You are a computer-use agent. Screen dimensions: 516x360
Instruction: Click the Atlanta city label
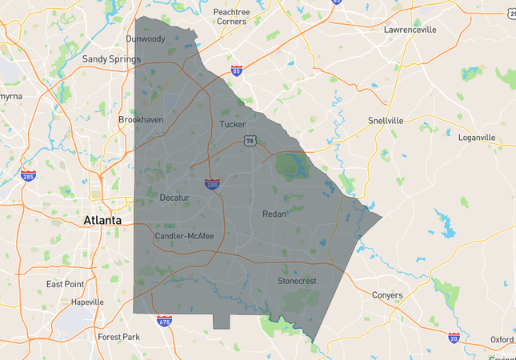(x=104, y=220)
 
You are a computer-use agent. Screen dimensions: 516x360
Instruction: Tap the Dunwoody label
(x=146, y=39)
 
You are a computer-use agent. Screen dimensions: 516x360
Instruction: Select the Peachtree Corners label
(x=231, y=17)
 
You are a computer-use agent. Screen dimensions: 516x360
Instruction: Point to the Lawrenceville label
(x=410, y=30)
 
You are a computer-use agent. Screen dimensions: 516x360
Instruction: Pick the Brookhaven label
(x=141, y=120)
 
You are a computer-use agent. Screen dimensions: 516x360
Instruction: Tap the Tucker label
(x=233, y=125)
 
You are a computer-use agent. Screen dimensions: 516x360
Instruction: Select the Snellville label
(x=386, y=121)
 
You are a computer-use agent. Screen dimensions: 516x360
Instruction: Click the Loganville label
(x=477, y=138)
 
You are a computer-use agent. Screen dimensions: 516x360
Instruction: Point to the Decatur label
(x=174, y=198)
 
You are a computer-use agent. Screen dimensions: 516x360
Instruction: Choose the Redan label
(x=274, y=214)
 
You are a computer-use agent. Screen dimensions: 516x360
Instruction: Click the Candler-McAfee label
(x=184, y=237)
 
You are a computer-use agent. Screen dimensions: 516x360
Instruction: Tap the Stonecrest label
(x=298, y=282)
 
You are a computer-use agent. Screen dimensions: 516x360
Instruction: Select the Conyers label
(x=387, y=295)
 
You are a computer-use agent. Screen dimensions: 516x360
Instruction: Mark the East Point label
(x=65, y=285)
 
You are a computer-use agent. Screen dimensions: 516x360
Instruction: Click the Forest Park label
(x=118, y=337)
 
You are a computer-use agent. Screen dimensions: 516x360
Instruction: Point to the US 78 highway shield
(x=250, y=141)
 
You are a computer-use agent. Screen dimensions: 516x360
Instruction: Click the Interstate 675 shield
(x=164, y=321)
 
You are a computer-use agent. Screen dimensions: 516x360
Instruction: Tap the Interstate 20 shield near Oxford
(x=454, y=338)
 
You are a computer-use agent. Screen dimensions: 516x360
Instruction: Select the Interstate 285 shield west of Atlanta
(x=28, y=174)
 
